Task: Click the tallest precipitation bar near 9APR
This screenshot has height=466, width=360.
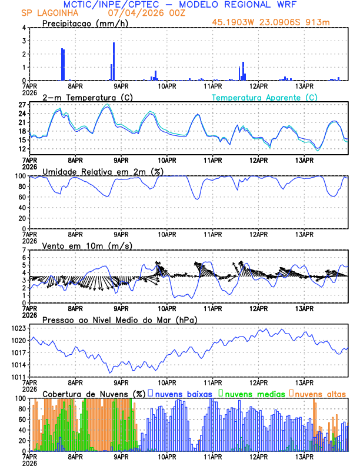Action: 114,61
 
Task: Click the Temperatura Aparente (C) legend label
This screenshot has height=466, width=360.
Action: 264,97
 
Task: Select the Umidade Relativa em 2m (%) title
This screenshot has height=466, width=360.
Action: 103,171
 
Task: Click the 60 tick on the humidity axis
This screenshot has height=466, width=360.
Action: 21,197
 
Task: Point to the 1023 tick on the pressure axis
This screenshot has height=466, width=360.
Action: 18,328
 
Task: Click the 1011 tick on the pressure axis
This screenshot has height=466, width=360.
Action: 18,377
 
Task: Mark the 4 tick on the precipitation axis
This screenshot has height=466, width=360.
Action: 24,28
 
